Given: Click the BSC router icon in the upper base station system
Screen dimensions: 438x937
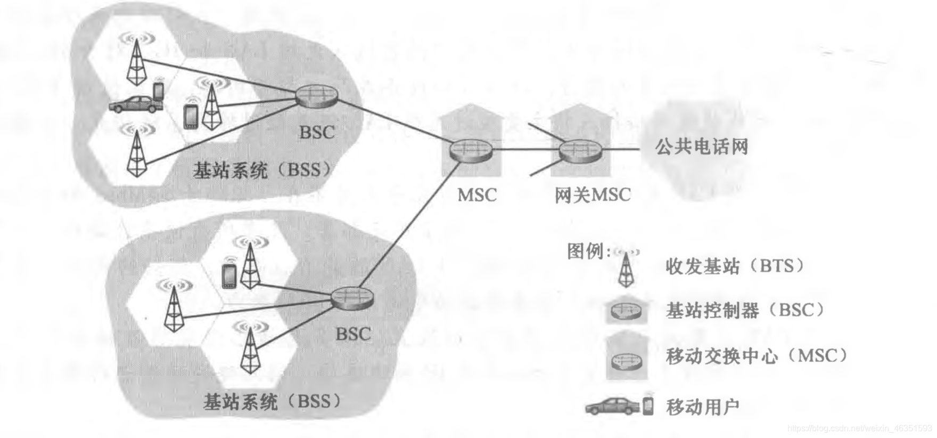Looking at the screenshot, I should click(317, 96).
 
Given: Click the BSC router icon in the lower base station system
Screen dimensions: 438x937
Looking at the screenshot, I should click(352, 297).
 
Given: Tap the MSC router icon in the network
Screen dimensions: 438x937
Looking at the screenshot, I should click(470, 150).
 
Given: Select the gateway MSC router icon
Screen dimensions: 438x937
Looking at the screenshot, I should click(580, 150).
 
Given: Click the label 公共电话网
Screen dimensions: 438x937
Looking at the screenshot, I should click(701, 147).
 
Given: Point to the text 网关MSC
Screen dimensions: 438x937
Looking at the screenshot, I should click(592, 195).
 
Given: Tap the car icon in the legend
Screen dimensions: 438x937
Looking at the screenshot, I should click(612, 407).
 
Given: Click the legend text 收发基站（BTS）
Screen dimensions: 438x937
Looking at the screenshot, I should click(735, 265).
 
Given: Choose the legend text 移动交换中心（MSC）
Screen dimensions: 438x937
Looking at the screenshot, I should click(757, 355).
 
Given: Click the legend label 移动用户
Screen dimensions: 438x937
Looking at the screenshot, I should click(702, 407).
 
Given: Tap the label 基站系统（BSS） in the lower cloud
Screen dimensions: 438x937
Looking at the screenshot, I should click(272, 401).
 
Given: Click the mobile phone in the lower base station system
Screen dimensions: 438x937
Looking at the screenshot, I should click(229, 277).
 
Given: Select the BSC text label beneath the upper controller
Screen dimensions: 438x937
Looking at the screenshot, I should click(317, 132).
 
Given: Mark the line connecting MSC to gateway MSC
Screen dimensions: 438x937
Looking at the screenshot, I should click(525, 150).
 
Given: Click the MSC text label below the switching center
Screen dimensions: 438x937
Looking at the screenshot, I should click(477, 195).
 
